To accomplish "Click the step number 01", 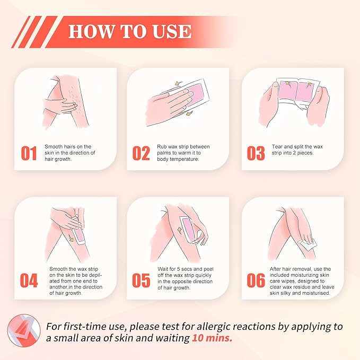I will point(29,153).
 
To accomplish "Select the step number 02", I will point(142,153).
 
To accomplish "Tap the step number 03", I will point(256,153).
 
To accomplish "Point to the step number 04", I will point(29,281).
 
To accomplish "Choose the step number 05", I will point(142,281).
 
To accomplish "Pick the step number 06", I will point(256,281).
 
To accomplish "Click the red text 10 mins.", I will point(212,338).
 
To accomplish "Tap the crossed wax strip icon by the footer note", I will point(23,331).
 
